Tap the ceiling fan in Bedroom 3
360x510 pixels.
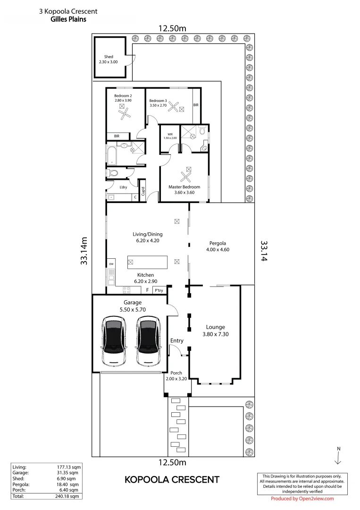pos(174,108)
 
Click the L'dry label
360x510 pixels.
pos(124,187)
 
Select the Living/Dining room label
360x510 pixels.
pos(147,234)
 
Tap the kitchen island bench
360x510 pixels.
pos(147,261)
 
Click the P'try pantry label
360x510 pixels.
pos(159,290)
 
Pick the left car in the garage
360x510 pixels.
pos(114,341)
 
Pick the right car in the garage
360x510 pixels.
pos(148,341)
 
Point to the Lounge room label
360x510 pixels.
pos(215,327)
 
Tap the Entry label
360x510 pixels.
pos(177,340)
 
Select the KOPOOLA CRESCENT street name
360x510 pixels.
pos(172,480)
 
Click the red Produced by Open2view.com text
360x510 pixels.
pos(302,499)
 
